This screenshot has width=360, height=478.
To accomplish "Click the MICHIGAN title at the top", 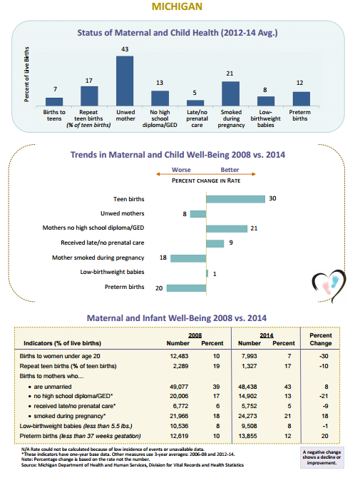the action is coord(177,6).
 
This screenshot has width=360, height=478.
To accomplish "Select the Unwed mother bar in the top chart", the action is coord(125,81).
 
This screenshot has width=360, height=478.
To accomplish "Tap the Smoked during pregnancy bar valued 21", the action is coord(230,93).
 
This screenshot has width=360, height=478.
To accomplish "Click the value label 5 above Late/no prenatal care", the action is coord(195,93).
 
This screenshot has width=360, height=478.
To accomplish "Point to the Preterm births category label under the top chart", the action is coord(299,116).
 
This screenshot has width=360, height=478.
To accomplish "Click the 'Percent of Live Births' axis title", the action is coord(27,74).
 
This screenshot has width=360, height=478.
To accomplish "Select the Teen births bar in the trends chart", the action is coord(235,199).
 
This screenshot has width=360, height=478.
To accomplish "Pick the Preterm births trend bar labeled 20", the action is coord(186,288).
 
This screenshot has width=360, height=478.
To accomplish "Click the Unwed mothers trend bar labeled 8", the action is coord(198,214).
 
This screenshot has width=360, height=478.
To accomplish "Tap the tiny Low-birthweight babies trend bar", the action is coord(207,273).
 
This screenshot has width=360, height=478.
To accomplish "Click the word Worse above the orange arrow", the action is coord(181,170).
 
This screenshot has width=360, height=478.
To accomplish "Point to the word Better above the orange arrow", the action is coord(230,170).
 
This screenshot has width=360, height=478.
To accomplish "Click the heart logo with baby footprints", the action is coord(329,285).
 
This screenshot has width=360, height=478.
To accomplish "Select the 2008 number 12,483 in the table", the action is coord(179,356).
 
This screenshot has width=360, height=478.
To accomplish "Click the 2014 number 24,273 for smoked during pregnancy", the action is coord(247,416).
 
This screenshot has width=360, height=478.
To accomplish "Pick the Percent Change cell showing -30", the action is coord(324,356).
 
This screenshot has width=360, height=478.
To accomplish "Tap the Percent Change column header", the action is coord(321,340).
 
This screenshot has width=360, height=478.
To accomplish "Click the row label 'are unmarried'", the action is coord(52,387).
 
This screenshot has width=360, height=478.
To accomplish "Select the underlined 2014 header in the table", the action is coord(267,335).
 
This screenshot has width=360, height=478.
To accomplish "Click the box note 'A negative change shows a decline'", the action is coord(322,457).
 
